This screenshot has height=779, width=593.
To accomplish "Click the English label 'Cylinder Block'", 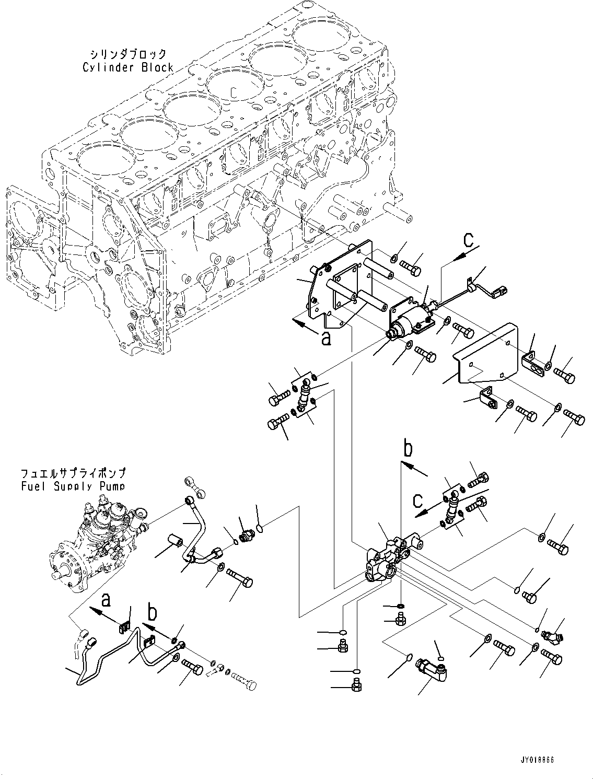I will (x=128, y=67).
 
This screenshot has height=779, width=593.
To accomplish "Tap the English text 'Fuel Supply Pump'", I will (x=73, y=486).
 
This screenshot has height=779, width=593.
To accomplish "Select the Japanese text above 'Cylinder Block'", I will (x=128, y=54).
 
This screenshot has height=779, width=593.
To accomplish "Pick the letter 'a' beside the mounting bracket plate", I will (x=326, y=340).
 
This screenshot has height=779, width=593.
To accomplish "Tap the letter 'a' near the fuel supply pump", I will (x=106, y=601).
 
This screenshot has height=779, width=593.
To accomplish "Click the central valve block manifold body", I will (x=389, y=559).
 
